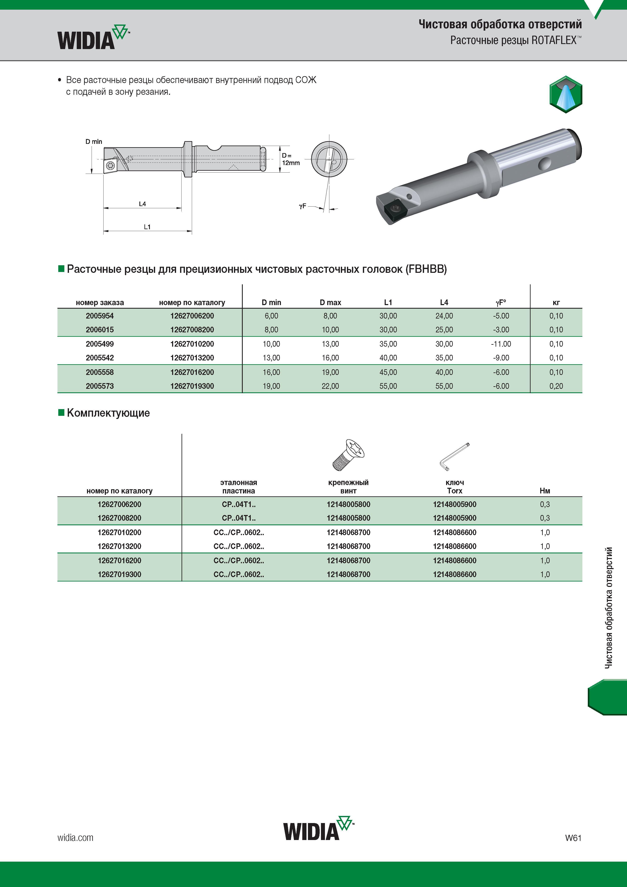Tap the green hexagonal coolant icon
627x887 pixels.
coord(566,94)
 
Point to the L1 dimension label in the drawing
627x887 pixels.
coord(147,227)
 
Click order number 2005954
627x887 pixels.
coord(100,316)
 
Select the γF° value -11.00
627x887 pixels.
coord(501,344)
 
